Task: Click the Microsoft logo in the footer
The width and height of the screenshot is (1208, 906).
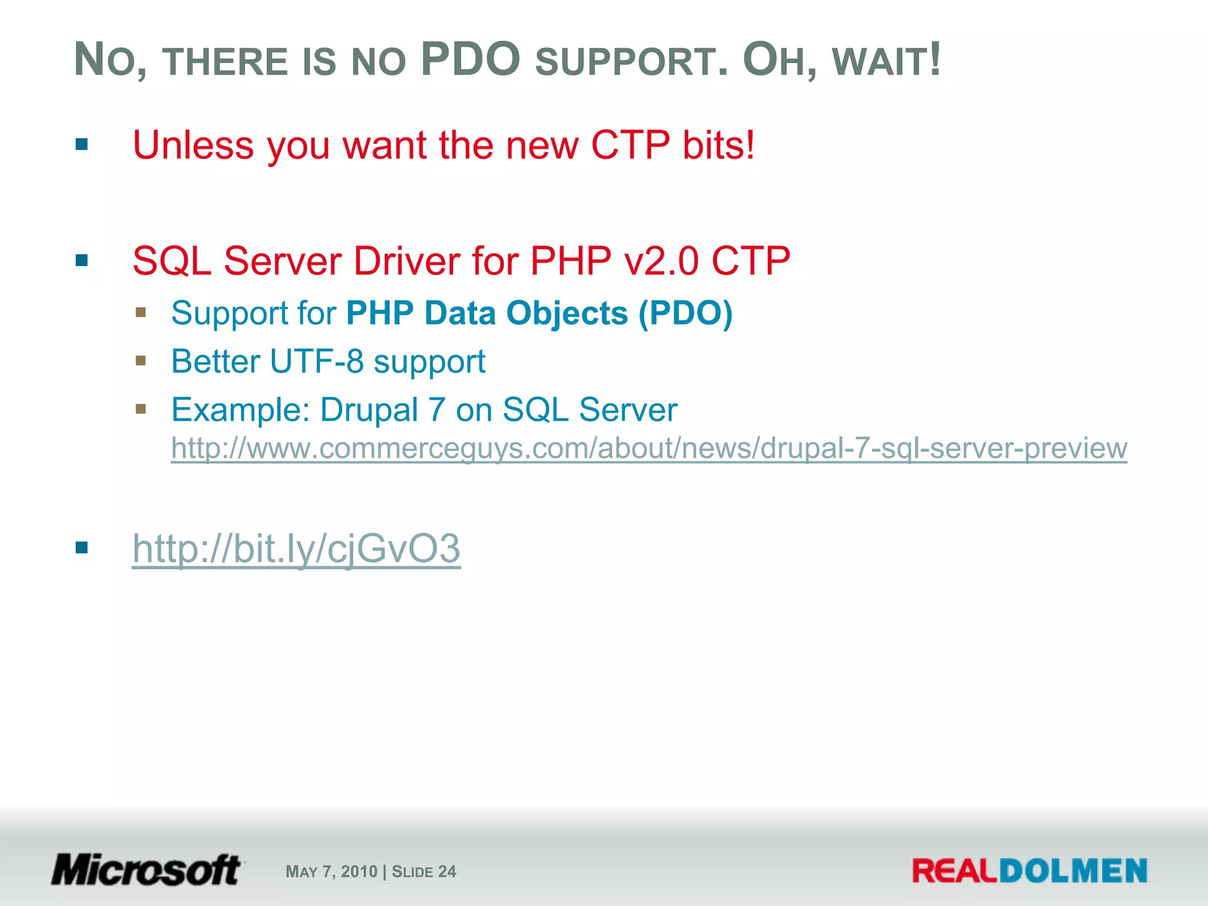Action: pyautogui.click(x=146, y=870)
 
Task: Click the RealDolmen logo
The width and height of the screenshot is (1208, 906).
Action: pyautogui.click(x=1029, y=871)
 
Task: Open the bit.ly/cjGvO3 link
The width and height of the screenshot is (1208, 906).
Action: pyautogui.click(x=296, y=549)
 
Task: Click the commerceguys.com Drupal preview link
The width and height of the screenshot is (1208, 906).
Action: pyautogui.click(x=649, y=448)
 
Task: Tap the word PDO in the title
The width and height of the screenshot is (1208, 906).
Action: pyautogui.click(x=471, y=60)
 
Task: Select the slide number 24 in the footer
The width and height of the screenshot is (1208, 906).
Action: pyautogui.click(x=447, y=872)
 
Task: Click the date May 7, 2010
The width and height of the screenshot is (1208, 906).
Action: pyautogui.click(x=331, y=872)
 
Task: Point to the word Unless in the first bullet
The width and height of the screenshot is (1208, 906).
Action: pyautogui.click(x=193, y=145)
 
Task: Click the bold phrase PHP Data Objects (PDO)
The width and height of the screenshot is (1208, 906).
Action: pyautogui.click(x=539, y=313)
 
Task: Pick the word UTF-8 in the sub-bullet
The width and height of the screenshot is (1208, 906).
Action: pyautogui.click(x=317, y=362)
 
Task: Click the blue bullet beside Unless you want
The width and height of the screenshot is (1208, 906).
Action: pyautogui.click(x=82, y=145)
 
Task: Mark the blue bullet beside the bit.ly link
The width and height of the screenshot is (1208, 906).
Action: pyautogui.click(x=82, y=548)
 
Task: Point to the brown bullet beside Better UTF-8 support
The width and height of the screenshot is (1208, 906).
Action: pyautogui.click(x=140, y=360)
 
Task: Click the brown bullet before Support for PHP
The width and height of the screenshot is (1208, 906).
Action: pyautogui.click(x=140, y=312)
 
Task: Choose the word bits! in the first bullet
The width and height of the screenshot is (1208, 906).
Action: pyautogui.click(x=718, y=145)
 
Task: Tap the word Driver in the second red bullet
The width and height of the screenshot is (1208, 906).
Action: pyautogui.click(x=406, y=261)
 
